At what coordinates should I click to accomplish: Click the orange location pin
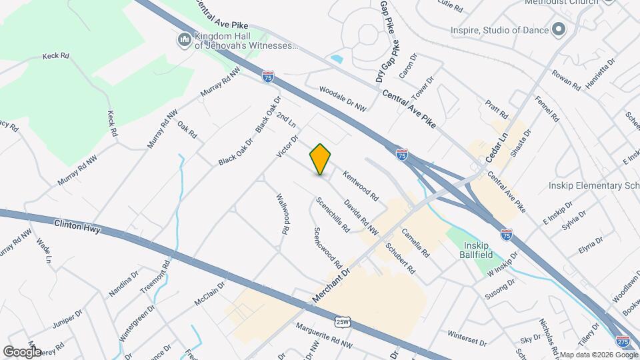[x=320, y=159]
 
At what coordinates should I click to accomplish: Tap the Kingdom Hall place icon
[x=184, y=41]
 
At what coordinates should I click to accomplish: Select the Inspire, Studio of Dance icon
[x=559, y=30]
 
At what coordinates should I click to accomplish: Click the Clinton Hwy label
[x=77, y=227]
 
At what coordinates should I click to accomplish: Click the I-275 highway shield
[x=623, y=341]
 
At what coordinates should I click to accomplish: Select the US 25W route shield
[x=342, y=322]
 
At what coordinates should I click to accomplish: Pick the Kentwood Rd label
[x=361, y=187]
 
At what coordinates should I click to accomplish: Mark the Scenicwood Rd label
[x=329, y=247]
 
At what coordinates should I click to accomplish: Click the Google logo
[x=22, y=351]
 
